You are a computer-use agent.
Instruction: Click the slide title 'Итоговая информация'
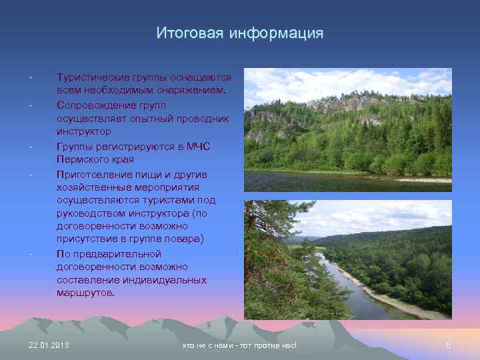point(239,33)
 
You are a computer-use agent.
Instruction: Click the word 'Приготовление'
point(93,174)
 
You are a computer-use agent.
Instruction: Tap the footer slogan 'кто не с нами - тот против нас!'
point(239,345)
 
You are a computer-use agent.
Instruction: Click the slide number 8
point(449,345)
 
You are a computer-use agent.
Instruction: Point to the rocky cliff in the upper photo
point(347,103)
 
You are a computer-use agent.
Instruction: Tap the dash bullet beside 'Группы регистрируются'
point(31,146)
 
